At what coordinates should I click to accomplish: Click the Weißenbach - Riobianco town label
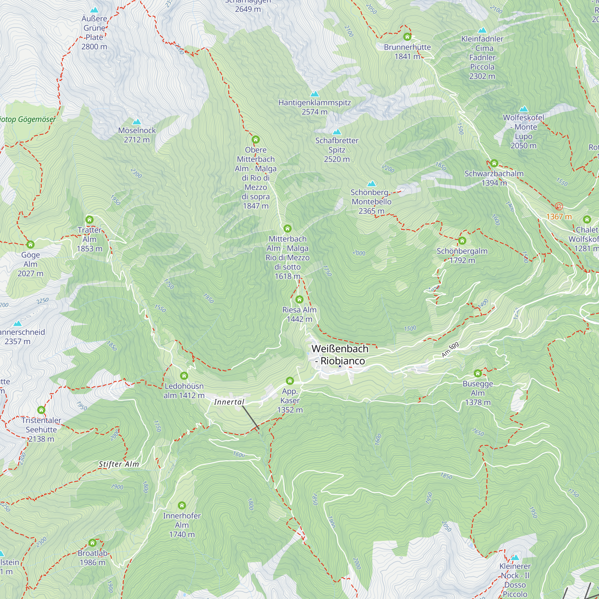click(x=340, y=355)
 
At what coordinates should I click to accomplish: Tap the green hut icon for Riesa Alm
click(x=299, y=299)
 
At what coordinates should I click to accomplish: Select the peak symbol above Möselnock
click(x=137, y=122)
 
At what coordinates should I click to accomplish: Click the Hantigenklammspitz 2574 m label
click(x=314, y=107)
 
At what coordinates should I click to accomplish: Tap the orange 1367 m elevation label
click(x=559, y=217)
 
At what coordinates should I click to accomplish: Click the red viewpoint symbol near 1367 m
click(x=559, y=206)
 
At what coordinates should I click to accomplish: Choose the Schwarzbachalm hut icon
click(x=494, y=163)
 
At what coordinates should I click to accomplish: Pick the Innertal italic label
click(x=229, y=402)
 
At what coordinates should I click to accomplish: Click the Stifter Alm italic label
click(x=119, y=464)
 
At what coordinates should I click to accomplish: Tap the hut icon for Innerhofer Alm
click(x=182, y=506)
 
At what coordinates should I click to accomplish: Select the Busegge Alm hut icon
click(x=477, y=373)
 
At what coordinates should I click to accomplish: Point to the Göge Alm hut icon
click(x=30, y=245)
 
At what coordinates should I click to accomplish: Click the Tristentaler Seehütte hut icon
click(x=41, y=410)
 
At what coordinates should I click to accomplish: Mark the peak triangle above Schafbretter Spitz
click(x=337, y=132)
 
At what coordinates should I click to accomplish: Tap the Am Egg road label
click(x=450, y=350)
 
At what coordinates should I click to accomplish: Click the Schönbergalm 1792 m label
click(x=462, y=255)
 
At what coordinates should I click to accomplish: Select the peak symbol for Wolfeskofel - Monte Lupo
click(x=523, y=109)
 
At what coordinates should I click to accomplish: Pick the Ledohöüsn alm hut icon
click(x=184, y=376)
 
